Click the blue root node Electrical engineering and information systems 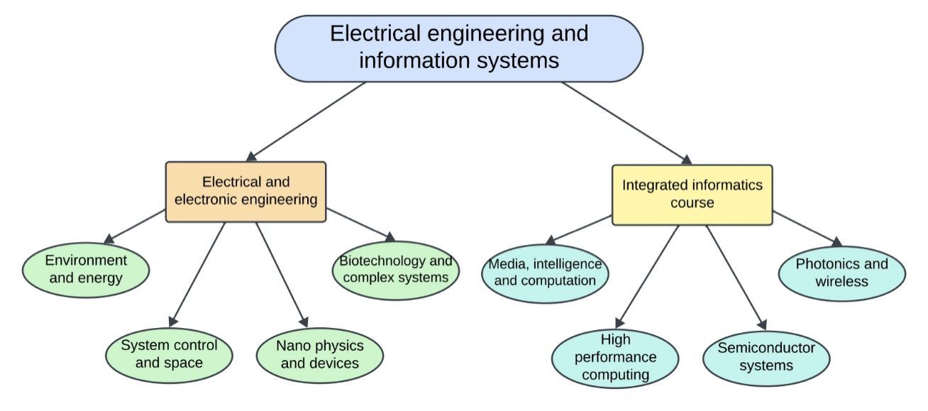[x=458, y=48]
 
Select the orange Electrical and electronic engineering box [x=245, y=192]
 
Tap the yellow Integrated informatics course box [x=692, y=194]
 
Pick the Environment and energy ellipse [x=86, y=269]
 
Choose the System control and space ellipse [x=169, y=354]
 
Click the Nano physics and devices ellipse [x=319, y=355]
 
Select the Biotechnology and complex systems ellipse [x=395, y=270]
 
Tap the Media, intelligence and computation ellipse [x=545, y=273]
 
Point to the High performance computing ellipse [x=615, y=358]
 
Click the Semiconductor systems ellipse [x=766, y=357]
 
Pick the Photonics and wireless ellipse [x=841, y=273]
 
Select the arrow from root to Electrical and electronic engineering [x=306, y=121]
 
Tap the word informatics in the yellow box [x=716, y=185]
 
